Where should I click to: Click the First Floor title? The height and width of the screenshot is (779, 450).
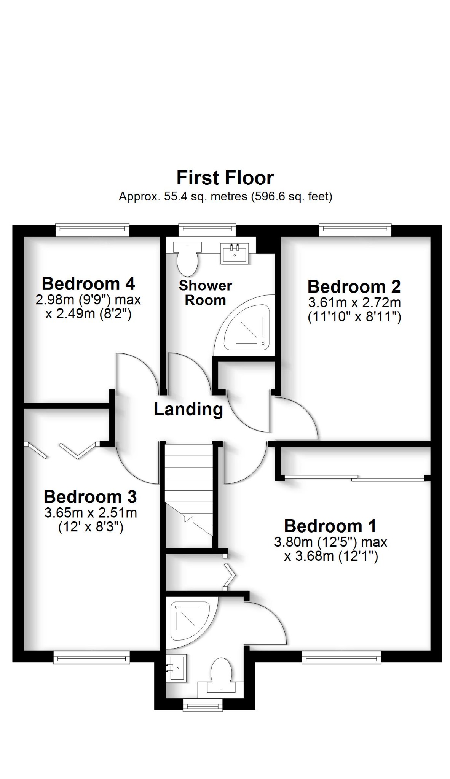(x=225, y=178)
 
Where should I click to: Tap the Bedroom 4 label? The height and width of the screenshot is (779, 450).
(x=88, y=284)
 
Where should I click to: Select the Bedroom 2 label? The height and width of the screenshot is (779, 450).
(x=354, y=286)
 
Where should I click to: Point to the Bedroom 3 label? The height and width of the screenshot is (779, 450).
(x=90, y=497)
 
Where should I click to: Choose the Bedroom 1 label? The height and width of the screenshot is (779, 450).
(x=330, y=526)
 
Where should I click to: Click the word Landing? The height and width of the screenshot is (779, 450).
(x=188, y=409)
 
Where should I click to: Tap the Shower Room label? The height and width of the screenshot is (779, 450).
(x=205, y=293)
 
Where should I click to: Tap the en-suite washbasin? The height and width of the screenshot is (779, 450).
(x=177, y=668)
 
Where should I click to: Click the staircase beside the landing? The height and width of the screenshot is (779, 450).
(x=188, y=494)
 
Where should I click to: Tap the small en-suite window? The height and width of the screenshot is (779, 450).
(x=203, y=706)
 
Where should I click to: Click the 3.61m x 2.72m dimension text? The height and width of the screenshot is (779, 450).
(x=354, y=303)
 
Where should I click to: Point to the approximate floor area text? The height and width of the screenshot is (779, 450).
(x=225, y=196)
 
